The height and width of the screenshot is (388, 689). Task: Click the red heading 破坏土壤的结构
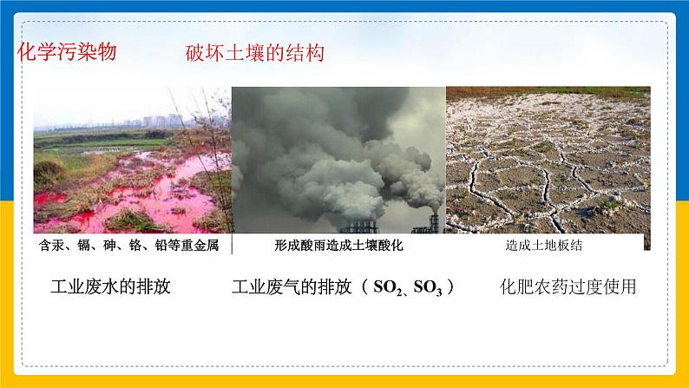click(x=255, y=54)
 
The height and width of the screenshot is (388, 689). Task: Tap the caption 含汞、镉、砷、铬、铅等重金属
click(x=129, y=246)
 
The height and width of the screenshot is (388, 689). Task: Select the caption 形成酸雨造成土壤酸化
click(x=338, y=246)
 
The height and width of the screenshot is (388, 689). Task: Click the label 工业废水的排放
click(x=111, y=286)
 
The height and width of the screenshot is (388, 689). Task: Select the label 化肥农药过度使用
click(x=568, y=286)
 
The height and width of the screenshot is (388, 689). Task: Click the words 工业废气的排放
click(x=292, y=286)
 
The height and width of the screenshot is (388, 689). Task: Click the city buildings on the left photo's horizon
click(x=156, y=120)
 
